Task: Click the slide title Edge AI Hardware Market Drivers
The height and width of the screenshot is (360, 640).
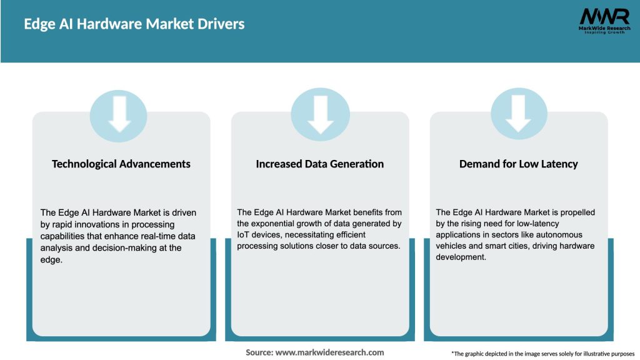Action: (x=134, y=24)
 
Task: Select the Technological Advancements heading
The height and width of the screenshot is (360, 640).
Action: (x=121, y=164)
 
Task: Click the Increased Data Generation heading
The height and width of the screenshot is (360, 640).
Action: (x=320, y=164)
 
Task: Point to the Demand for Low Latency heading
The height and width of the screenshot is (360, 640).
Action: (x=519, y=164)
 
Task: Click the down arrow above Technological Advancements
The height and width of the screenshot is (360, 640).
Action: (x=119, y=114)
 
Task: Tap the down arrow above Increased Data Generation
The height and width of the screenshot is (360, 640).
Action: (x=320, y=114)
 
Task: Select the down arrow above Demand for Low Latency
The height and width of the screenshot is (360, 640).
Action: (x=519, y=114)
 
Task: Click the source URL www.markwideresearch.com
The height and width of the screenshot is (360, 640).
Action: (x=329, y=352)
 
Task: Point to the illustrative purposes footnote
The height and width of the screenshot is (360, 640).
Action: (x=542, y=354)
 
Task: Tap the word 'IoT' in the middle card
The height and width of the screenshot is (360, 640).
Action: (x=244, y=235)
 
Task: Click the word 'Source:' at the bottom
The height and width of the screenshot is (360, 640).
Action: (x=259, y=352)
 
